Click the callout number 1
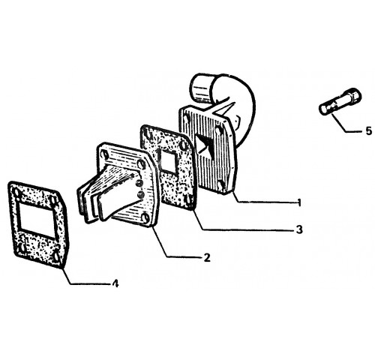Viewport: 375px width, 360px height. click(298, 202)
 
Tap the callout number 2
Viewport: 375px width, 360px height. click(207, 257)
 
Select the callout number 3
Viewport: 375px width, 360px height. click(299, 229)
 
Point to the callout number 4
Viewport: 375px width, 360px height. click(115, 283)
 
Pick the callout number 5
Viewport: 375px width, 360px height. click(369, 130)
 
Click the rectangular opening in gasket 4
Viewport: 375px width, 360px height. click(37, 217)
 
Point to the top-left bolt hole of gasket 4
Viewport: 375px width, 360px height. click(16, 193)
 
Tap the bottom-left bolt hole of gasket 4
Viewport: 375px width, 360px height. click(22, 247)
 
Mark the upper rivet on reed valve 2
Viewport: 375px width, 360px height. click(138, 184)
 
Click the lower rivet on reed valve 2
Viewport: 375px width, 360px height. click(140, 195)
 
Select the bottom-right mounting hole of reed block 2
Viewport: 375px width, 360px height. click(145, 218)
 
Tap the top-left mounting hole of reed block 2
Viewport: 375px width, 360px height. click(104, 154)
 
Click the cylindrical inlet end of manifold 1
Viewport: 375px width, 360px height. click(202, 88)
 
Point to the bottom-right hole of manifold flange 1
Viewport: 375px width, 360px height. click(220, 185)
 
